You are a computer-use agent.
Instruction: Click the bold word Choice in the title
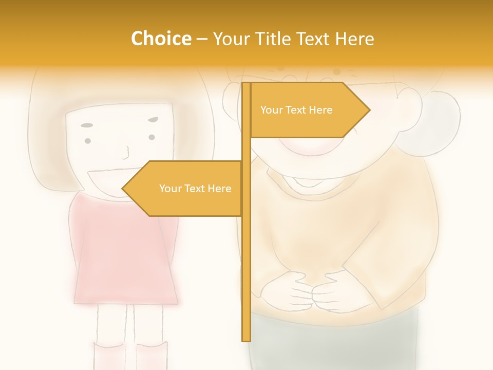[161, 39]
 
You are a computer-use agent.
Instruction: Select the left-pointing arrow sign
[185, 189]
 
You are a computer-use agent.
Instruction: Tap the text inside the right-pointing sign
[296, 110]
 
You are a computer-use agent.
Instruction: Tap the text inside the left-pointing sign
[195, 189]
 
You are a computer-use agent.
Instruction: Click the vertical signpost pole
[246, 267]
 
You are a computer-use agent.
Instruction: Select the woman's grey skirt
[334, 344]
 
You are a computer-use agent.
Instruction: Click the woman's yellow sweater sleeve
[406, 257]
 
